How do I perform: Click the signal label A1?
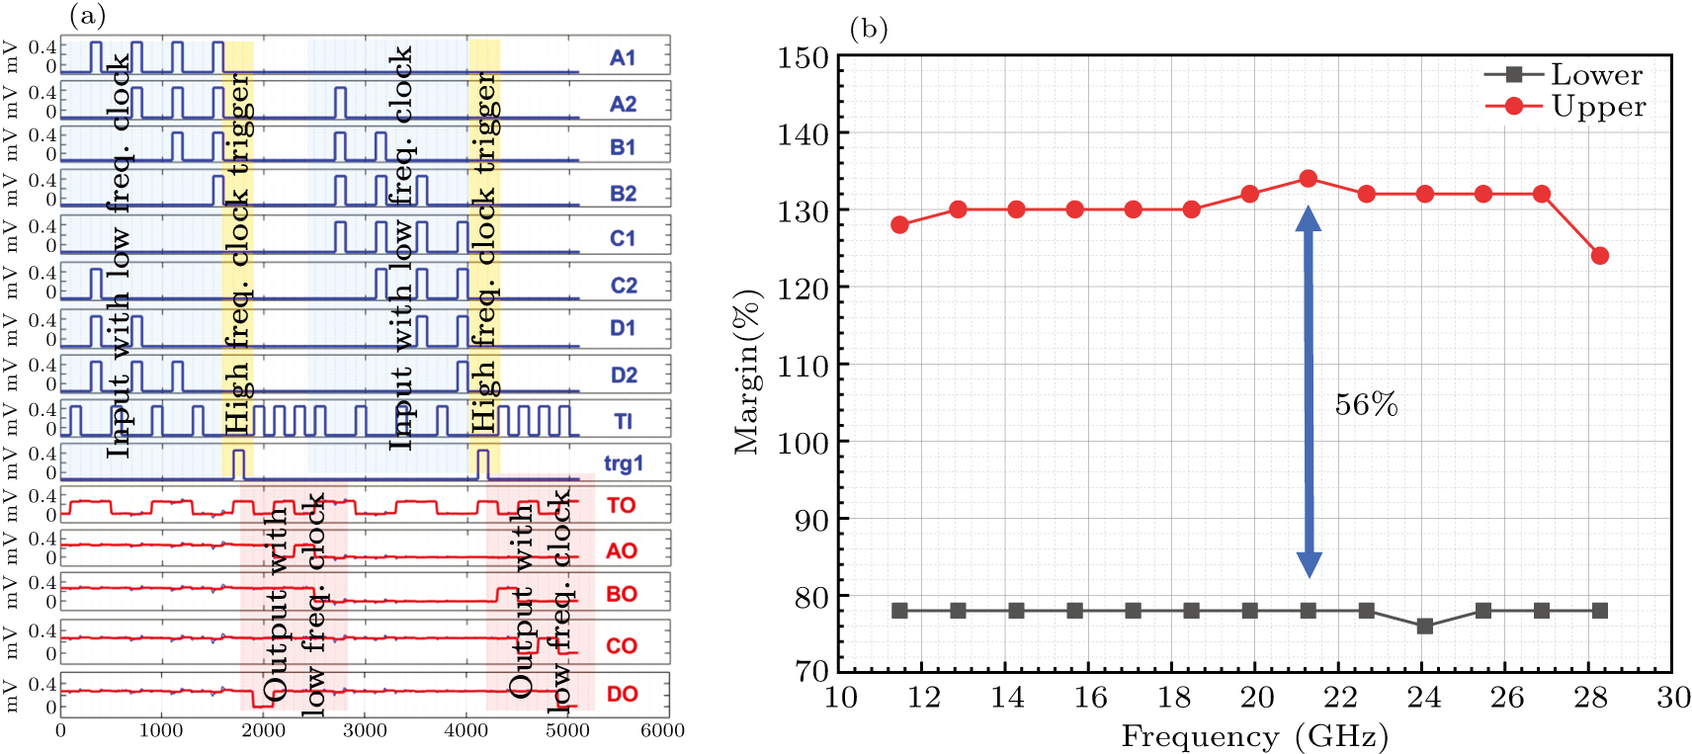coord(622,57)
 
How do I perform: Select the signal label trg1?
coord(623,462)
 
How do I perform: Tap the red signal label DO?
coord(622,694)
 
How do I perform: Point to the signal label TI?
coord(623,422)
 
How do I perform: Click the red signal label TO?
coord(621,506)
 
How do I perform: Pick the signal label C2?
coord(623,286)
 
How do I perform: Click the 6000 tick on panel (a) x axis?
coord(662,730)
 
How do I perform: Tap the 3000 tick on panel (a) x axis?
coord(365,730)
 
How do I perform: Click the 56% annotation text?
coord(1366,404)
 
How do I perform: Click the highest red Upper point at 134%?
coord(1309,179)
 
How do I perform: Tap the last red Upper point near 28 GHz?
coord(1600,256)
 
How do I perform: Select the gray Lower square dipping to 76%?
coord(1425,627)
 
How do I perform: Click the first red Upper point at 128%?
coord(899,225)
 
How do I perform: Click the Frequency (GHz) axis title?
coord(1254,736)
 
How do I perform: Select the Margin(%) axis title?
coord(748,371)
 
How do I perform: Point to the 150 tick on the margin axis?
coord(802,57)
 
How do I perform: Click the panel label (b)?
coord(869,29)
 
